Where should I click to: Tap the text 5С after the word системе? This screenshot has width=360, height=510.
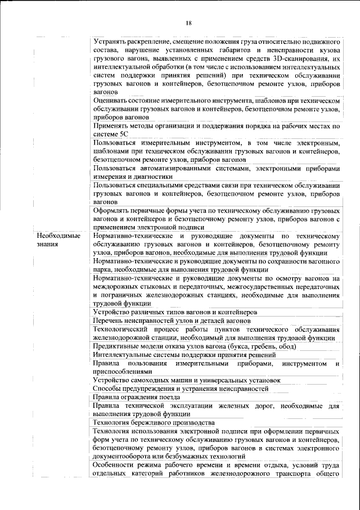click(x=124, y=135)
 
